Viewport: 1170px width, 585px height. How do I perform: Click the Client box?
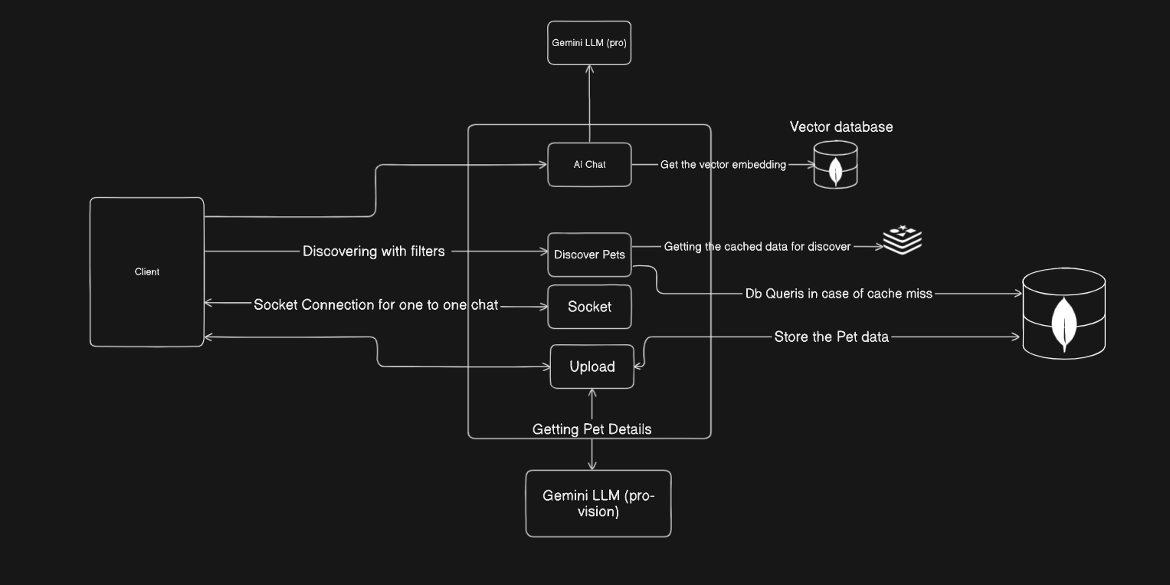(x=147, y=272)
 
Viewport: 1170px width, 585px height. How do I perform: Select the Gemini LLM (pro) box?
(x=589, y=43)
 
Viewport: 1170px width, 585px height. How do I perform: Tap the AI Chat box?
(x=589, y=164)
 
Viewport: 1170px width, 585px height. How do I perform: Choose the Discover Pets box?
(x=589, y=255)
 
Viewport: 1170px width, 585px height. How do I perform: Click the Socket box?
(x=589, y=307)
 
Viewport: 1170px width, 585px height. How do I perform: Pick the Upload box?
(x=592, y=366)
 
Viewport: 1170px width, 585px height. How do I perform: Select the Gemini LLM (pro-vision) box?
(x=598, y=503)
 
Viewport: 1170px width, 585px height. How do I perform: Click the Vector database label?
(x=841, y=127)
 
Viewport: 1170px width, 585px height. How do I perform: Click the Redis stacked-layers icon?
(x=902, y=239)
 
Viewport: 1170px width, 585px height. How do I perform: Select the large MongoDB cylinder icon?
(x=1063, y=313)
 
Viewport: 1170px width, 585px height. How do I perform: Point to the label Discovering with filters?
(x=373, y=251)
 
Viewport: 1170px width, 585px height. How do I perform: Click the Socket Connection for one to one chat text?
(x=375, y=305)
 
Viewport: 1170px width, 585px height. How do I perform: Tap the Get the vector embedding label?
(x=723, y=165)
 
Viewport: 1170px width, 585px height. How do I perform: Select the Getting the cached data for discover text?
(x=757, y=247)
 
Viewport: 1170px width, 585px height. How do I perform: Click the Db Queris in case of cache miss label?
(x=838, y=294)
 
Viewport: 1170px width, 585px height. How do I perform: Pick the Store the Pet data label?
(x=831, y=337)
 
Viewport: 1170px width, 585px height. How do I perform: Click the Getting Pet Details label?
(x=592, y=429)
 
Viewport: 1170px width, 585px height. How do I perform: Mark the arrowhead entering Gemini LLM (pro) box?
(x=589, y=70)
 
